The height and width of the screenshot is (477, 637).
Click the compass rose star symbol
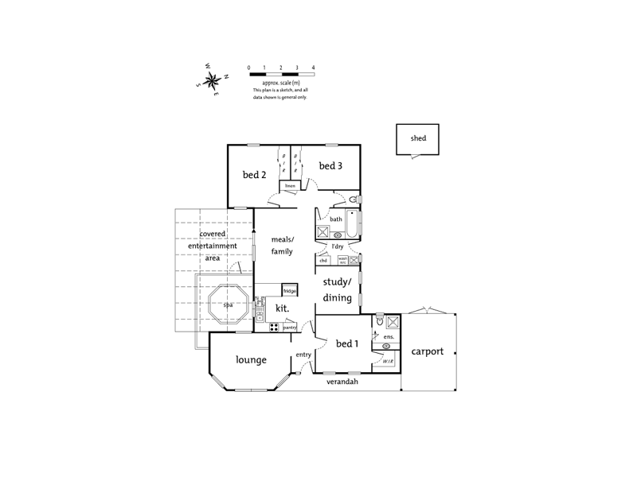[213, 79]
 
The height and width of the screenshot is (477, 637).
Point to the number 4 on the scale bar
[314, 68]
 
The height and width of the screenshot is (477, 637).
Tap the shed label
[418, 138]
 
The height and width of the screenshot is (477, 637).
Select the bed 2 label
[254, 175]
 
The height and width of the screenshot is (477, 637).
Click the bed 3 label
[330, 166]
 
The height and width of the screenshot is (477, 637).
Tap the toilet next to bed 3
[354, 199]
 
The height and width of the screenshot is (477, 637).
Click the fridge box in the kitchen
[289, 291]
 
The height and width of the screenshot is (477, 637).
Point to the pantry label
[290, 327]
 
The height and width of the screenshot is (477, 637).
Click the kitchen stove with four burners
[273, 327]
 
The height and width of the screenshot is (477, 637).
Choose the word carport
[427, 351]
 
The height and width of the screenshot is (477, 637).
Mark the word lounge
[251, 360]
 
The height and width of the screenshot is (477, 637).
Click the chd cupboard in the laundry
[323, 260]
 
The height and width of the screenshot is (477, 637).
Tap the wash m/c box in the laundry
[342, 260]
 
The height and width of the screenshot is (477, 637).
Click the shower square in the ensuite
[392, 322]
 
